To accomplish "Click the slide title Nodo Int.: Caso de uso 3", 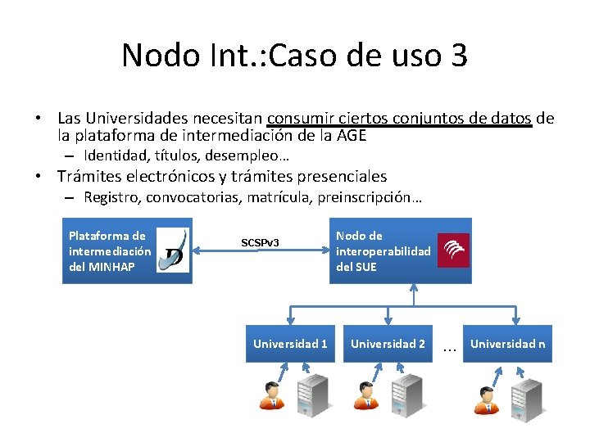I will pyautogui.click(x=294, y=56).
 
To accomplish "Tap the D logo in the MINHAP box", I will pyautogui.click(x=172, y=250).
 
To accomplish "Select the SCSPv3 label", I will pyautogui.click(x=260, y=243).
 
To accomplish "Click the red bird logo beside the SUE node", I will pyautogui.click(x=453, y=250).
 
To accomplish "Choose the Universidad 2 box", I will pyautogui.click(x=388, y=344).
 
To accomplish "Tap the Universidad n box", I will pyautogui.click(x=507, y=344).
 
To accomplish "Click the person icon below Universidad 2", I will pyautogui.click(x=365, y=395).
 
